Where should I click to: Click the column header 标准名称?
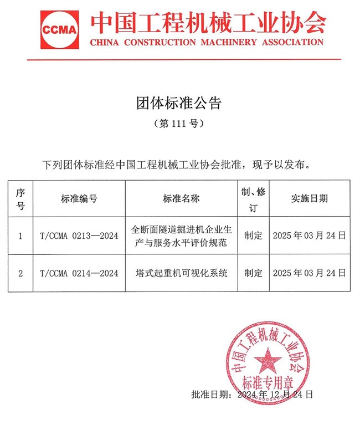point(181,198)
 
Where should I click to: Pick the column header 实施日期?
point(309,198)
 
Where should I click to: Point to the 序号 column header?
point(20,198)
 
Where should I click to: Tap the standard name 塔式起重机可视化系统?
point(181,273)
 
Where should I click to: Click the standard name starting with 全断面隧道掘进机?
point(181,236)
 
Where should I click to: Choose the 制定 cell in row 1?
point(253,236)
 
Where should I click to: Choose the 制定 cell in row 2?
point(253,273)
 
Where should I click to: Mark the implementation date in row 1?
point(309,236)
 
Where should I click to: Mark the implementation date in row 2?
point(309,273)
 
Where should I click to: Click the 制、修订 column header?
point(253,198)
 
